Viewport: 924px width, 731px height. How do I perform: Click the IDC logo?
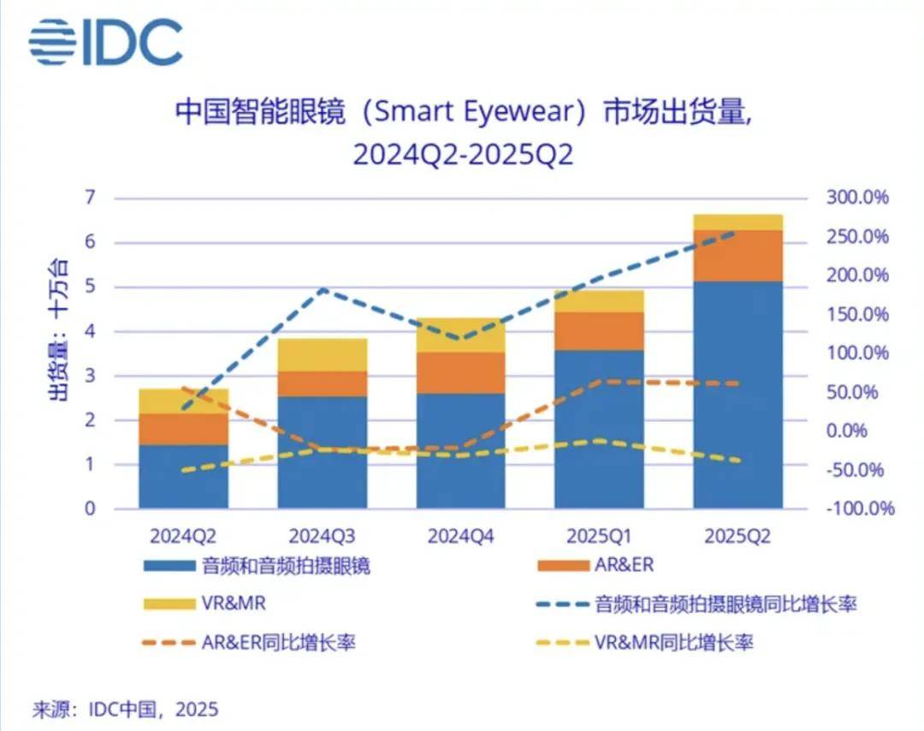(x=105, y=42)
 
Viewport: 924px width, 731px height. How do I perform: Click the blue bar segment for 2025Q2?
(x=737, y=394)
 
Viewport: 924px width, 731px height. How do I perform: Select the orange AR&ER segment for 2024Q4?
(x=460, y=372)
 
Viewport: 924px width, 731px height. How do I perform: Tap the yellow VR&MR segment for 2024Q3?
(x=323, y=354)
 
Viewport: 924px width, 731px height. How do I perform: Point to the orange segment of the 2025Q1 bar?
(x=599, y=330)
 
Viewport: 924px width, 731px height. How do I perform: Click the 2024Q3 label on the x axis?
(x=323, y=537)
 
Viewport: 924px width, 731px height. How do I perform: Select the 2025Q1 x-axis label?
(x=599, y=537)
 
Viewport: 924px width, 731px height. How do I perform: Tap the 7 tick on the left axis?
(x=88, y=199)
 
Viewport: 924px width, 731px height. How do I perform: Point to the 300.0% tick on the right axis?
(x=857, y=199)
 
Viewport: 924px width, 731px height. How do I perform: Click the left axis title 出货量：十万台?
(x=57, y=330)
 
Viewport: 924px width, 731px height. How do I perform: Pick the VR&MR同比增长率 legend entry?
(x=673, y=642)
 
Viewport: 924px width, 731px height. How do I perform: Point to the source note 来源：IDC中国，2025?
(x=125, y=709)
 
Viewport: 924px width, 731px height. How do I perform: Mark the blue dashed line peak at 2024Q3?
(x=323, y=290)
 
